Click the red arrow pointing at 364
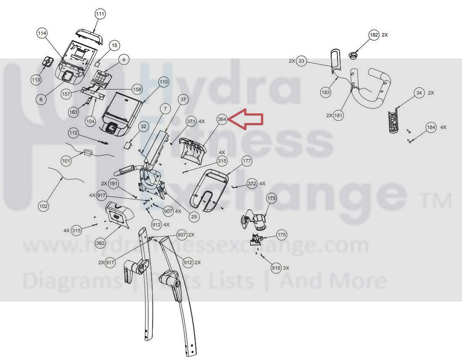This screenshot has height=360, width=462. (245, 119)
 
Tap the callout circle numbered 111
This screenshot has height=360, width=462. (101, 14)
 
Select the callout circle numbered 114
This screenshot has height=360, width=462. (42, 33)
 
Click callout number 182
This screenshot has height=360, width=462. (374, 35)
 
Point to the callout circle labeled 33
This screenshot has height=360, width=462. (301, 61)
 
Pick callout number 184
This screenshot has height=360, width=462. (431, 127)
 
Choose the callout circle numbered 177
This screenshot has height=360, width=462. (247, 161)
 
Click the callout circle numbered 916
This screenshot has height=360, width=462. (276, 268)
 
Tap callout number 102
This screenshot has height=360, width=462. (43, 206)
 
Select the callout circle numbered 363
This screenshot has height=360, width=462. (101, 244)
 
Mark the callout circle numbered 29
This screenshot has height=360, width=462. (194, 217)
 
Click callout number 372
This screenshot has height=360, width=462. (252, 184)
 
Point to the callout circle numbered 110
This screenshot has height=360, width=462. (164, 82)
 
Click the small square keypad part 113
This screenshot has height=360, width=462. (47, 62)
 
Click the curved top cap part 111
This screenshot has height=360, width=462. (89, 35)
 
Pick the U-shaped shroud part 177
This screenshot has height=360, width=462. (210, 191)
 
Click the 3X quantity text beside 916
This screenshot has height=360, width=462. (286, 268)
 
